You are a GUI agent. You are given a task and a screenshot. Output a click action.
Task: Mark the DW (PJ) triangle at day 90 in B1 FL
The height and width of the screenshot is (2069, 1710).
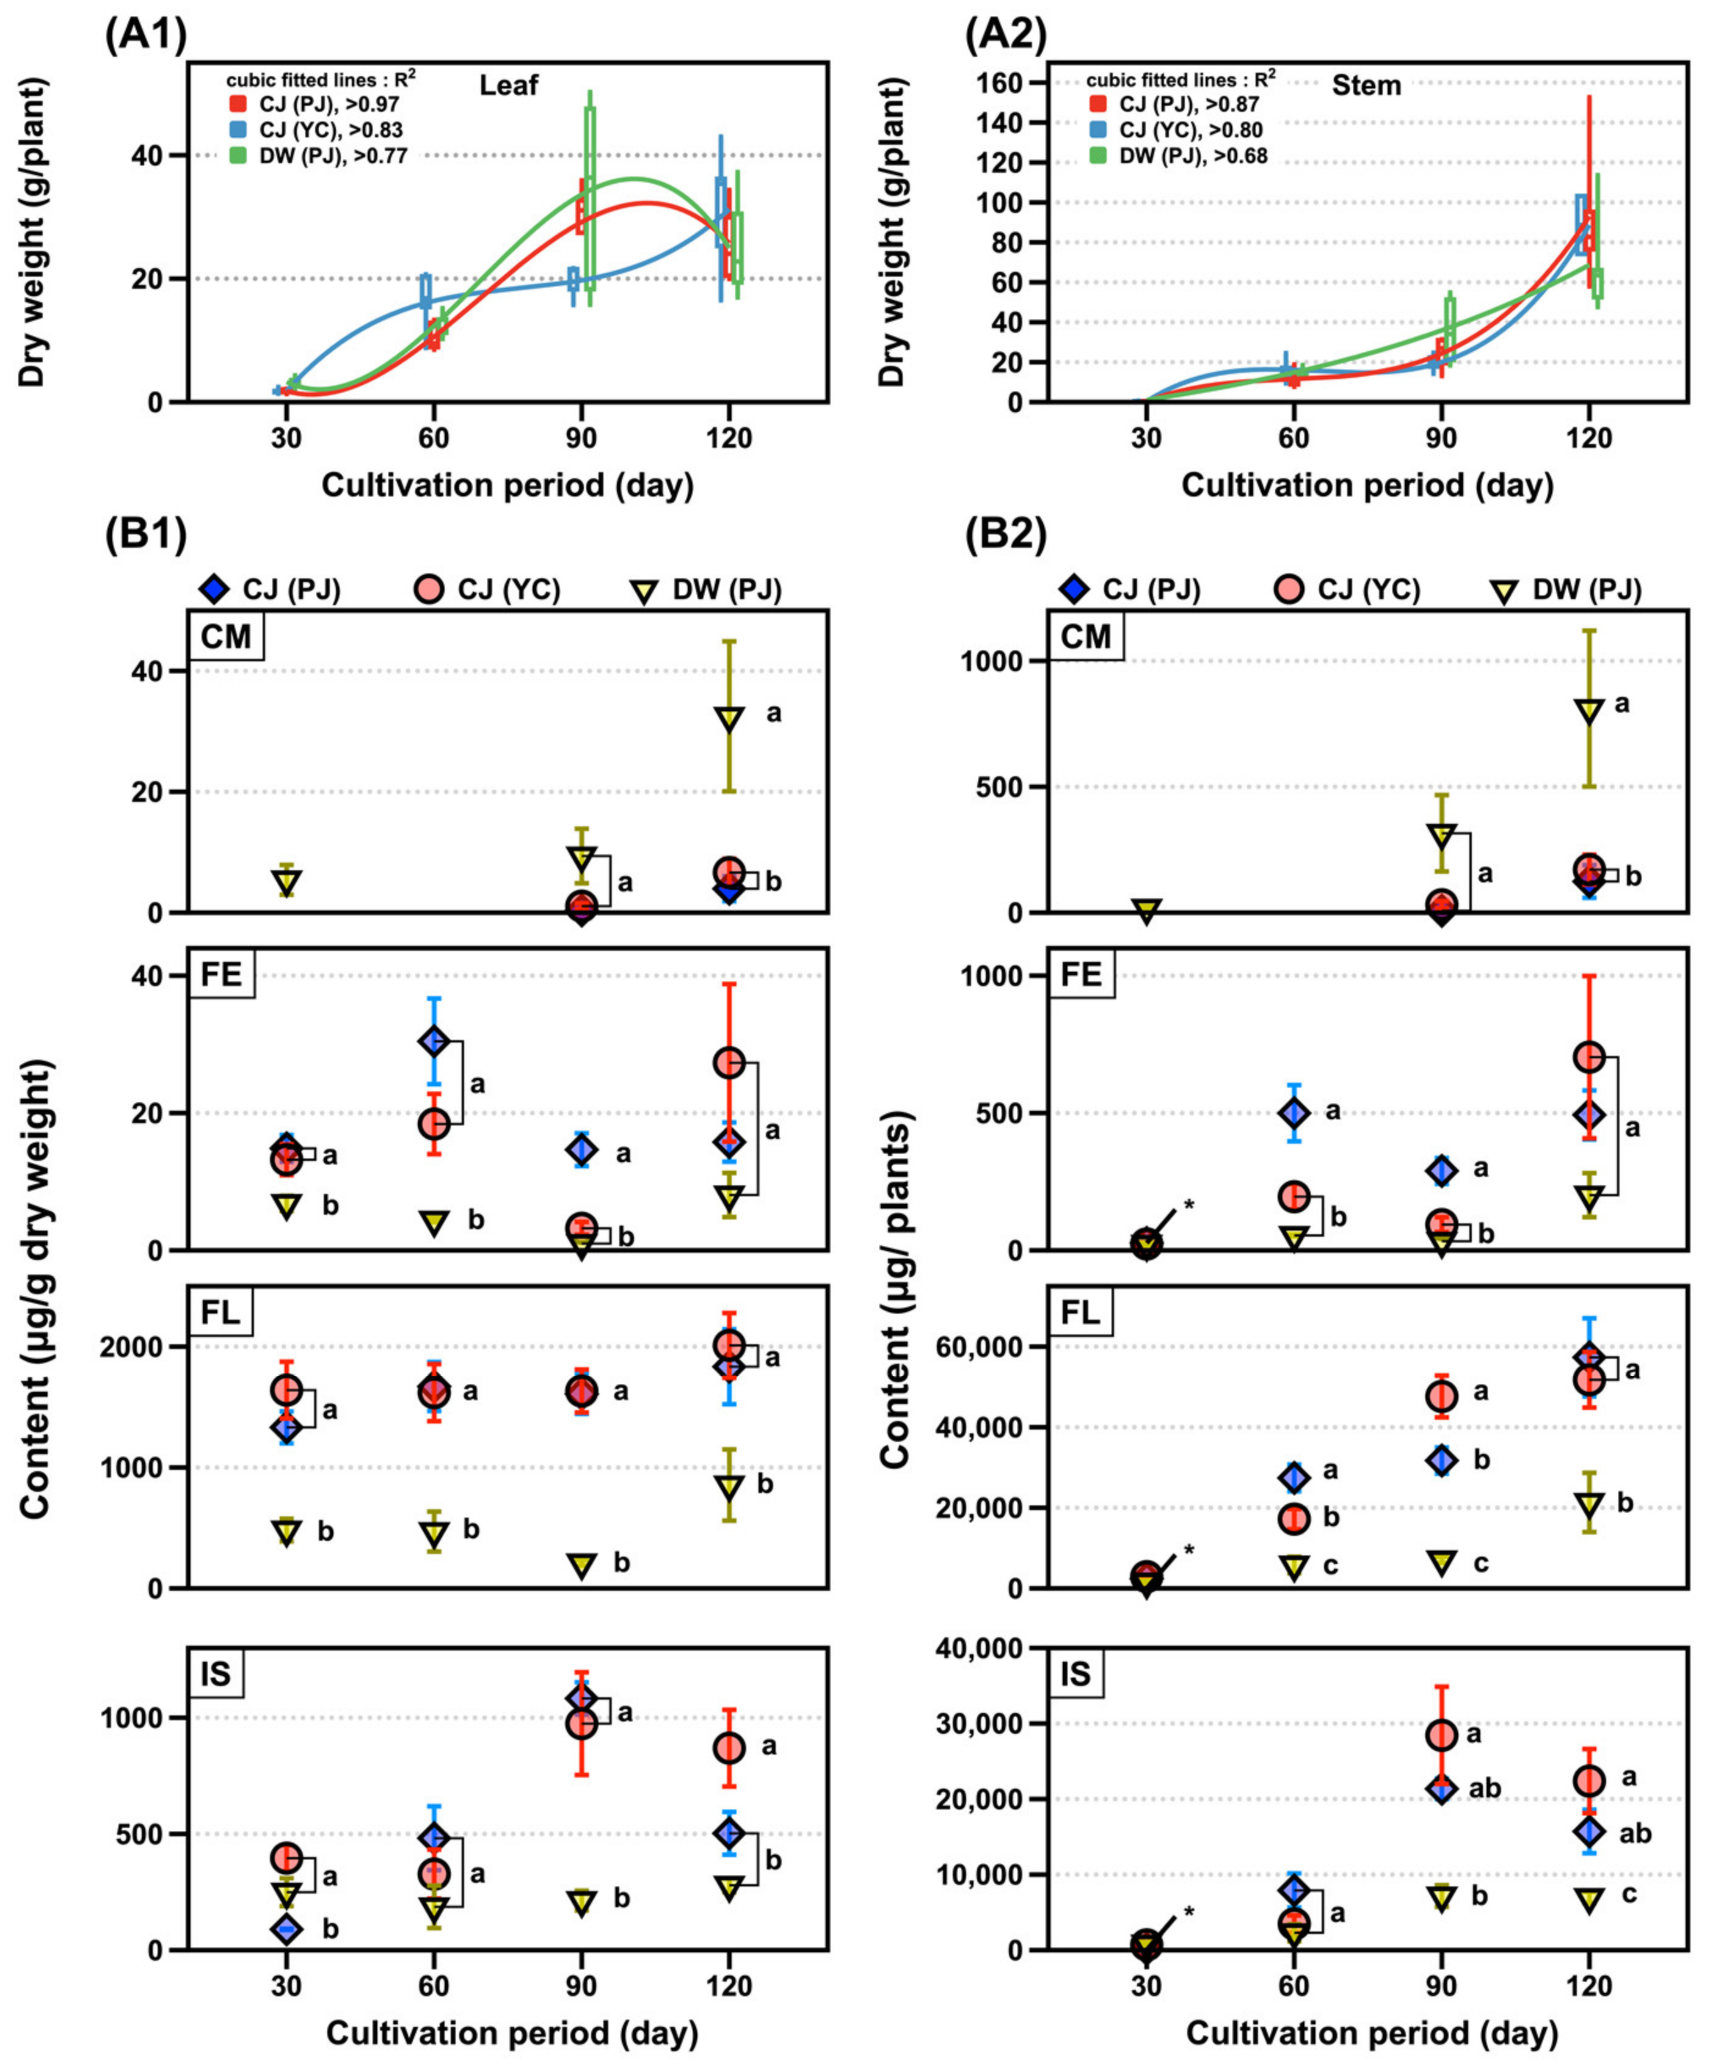(582, 1565)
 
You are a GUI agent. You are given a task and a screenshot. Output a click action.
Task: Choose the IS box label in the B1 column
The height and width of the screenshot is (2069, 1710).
(216, 1673)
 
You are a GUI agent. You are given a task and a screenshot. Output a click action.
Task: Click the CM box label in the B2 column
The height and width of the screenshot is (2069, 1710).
(1085, 637)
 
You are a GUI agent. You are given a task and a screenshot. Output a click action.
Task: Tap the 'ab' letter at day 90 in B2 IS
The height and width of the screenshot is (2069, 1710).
(1485, 1788)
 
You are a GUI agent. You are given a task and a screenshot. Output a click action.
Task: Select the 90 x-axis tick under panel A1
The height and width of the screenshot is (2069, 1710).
(581, 438)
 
